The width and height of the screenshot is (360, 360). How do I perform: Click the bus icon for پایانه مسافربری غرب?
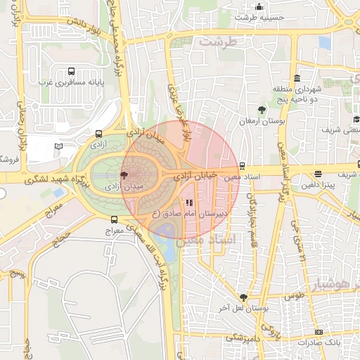pos(71,72)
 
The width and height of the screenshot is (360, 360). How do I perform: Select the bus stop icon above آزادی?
pos(98,133)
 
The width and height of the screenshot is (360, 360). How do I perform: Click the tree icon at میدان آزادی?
pos(124,175)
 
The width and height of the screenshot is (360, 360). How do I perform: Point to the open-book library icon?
pos(58,146)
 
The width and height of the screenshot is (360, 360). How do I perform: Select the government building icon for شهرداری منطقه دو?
pos(297,77)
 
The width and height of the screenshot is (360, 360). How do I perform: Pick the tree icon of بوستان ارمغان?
pos(262,109)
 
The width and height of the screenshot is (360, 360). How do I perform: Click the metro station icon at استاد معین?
pos(242,167)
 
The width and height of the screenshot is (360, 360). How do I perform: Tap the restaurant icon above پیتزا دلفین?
pos(319,174)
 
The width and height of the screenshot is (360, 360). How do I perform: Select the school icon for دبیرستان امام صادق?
pos(188,202)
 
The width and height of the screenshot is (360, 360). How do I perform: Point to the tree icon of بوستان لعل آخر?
pos(243,297)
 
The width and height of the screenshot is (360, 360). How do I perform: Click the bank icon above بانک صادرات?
pos(319,331)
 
